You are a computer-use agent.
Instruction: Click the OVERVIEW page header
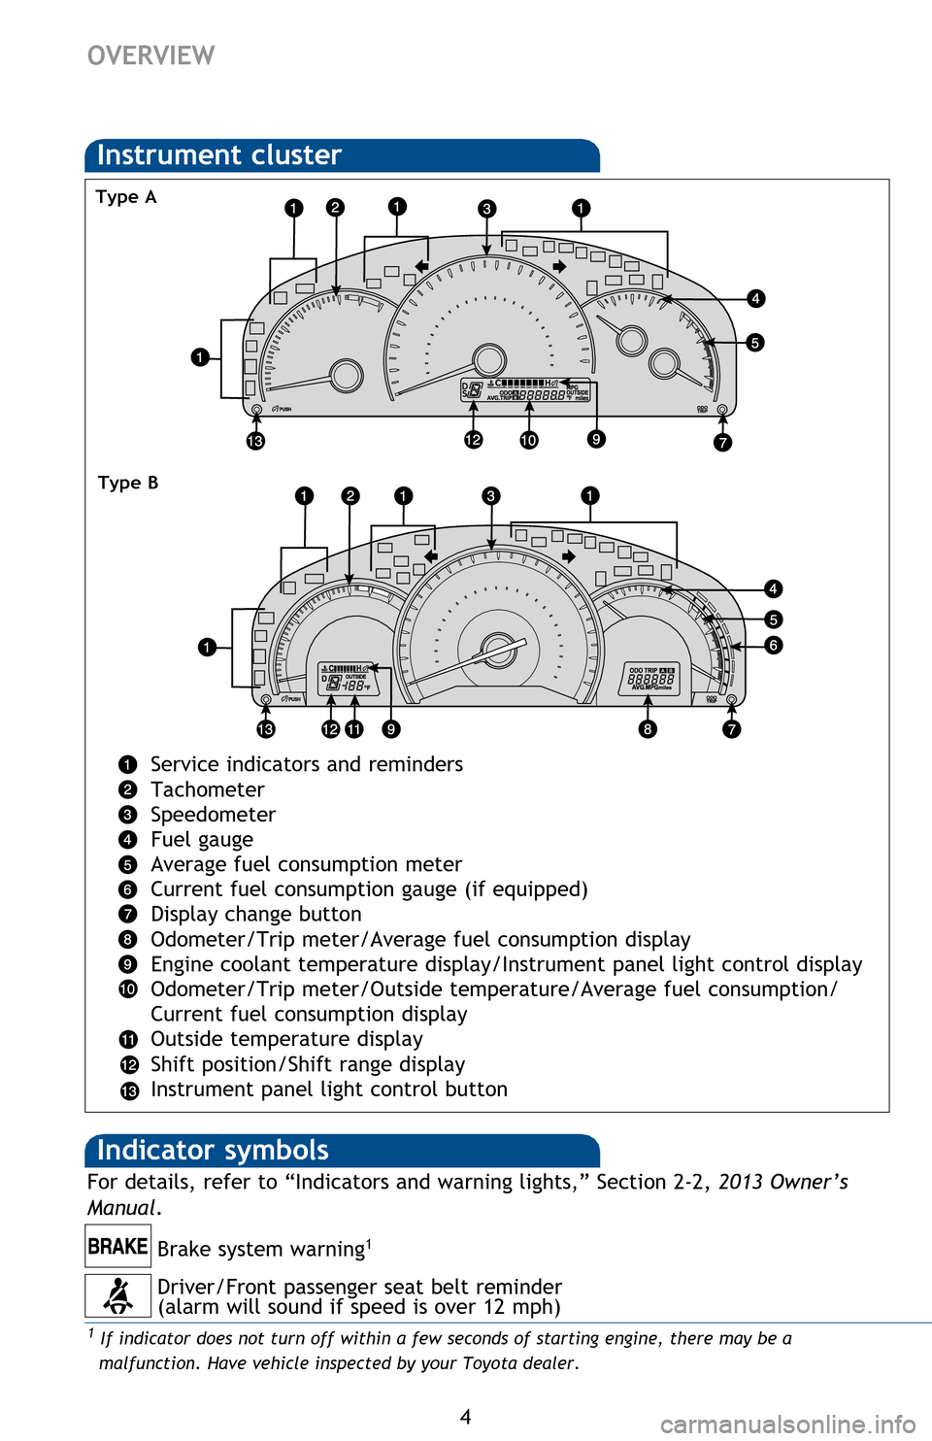coord(150,55)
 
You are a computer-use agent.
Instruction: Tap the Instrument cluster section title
coord(219,155)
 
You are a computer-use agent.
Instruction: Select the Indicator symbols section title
coord(213,1151)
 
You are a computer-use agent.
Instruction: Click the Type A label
coord(125,197)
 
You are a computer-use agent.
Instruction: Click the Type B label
coord(127,483)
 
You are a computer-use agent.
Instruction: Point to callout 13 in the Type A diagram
coord(255,442)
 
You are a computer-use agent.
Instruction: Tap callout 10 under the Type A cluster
coord(528,440)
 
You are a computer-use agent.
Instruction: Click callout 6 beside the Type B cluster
coord(773,645)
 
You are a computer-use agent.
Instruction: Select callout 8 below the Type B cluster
coord(647,728)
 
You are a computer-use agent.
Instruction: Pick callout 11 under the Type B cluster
coord(353,728)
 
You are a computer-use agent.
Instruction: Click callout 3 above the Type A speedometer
coord(487,208)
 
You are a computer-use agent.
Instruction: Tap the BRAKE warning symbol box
coord(117,1246)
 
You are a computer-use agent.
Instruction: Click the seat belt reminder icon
coord(117,1295)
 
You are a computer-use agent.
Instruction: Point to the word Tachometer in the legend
coord(207,789)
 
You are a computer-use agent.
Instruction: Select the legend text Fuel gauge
coord(202,840)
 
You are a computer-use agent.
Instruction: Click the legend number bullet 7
coord(128,915)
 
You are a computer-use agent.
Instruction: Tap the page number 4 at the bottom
coord(466,1417)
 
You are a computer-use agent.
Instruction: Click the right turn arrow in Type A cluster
coord(559,266)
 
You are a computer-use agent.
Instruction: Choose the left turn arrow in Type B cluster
coord(431,556)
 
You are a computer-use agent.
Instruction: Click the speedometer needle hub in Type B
coord(499,649)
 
